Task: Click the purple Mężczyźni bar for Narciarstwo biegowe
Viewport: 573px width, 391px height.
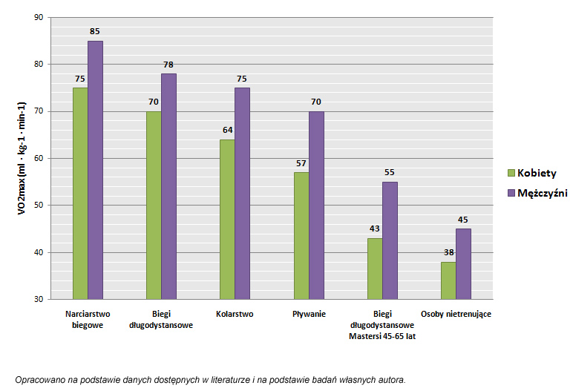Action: [x=95, y=170]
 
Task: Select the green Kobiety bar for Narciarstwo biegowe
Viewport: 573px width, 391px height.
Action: [x=80, y=193]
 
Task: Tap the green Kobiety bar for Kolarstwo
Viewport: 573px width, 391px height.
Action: [x=227, y=219]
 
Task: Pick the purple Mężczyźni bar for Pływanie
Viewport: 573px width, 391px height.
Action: [x=316, y=205]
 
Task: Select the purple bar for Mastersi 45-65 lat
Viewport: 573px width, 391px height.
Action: [x=390, y=240]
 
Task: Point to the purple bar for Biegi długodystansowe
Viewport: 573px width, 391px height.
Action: [x=168, y=186]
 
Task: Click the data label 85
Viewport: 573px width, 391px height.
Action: [x=95, y=32]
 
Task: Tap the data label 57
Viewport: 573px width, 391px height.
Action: [x=301, y=163]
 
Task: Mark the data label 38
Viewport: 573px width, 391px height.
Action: [x=448, y=253]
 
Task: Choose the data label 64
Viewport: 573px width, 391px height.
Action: [x=227, y=131]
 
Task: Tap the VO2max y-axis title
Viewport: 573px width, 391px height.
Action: [x=22, y=158]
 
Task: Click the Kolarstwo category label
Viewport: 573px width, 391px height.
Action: [x=235, y=314]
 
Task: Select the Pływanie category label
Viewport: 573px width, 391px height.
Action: [x=309, y=314]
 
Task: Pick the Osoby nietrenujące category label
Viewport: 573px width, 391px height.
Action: [x=456, y=314]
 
